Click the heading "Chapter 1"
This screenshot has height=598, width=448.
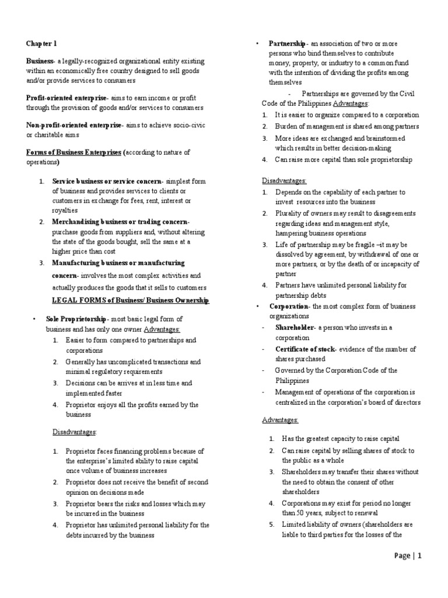point(41,43)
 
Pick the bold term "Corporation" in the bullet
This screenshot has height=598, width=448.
point(289,306)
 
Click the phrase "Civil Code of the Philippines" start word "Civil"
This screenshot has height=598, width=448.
point(407,93)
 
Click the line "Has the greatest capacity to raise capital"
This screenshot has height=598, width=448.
point(341,439)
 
